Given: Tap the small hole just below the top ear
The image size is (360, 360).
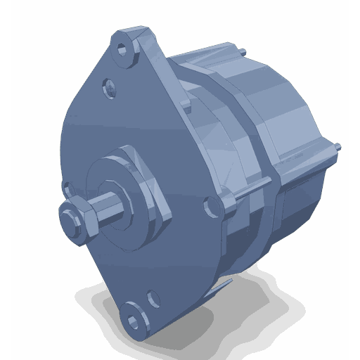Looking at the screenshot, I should pyautogui.click(x=109, y=86).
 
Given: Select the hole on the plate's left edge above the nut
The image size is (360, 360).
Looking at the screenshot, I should pyautogui.click(x=66, y=188).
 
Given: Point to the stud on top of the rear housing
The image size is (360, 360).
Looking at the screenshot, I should pyautogui.click(x=241, y=51).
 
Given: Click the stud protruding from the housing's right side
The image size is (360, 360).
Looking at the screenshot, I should pyautogui.click(x=339, y=148).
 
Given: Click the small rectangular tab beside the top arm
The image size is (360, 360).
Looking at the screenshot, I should pyautogui.click(x=184, y=105).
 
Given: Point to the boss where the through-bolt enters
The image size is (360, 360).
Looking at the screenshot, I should pyautogui.click(x=229, y=204).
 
